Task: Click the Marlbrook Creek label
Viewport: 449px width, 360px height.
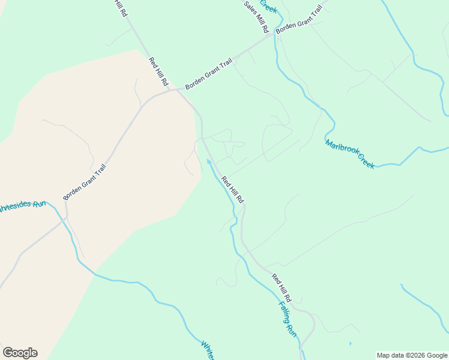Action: click(x=350, y=154)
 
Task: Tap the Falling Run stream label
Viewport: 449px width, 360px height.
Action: click(x=288, y=317)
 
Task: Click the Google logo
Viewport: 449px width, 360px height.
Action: click(x=20, y=353)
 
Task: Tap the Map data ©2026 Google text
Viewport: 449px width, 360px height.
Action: click(x=412, y=355)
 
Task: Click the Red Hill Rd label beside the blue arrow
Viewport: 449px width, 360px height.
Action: click(x=232, y=189)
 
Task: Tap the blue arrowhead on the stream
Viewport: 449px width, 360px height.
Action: click(x=209, y=161)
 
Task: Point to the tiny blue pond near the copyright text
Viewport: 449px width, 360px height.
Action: click(x=350, y=344)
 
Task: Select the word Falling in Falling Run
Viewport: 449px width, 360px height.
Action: click(x=285, y=311)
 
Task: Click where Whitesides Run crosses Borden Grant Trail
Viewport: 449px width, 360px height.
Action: click(x=65, y=220)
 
